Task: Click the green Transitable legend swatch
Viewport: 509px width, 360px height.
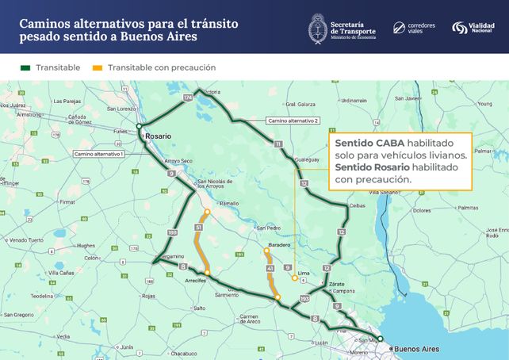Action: (x=24, y=67)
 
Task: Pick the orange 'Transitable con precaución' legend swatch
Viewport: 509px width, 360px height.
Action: (x=98, y=67)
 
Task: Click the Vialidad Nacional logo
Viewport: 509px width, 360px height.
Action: (x=475, y=28)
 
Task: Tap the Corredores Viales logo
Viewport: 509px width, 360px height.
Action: (x=414, y=28)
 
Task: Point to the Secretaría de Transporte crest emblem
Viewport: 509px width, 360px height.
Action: (x=320, y=28)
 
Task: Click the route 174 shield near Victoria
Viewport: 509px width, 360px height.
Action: (x=187, y=97)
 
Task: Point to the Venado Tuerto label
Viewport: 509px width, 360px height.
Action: (x=26, y=239)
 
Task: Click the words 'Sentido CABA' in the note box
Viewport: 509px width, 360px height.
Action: (x=362, y=143)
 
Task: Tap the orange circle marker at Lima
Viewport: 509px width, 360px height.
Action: (x=295, y=278)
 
